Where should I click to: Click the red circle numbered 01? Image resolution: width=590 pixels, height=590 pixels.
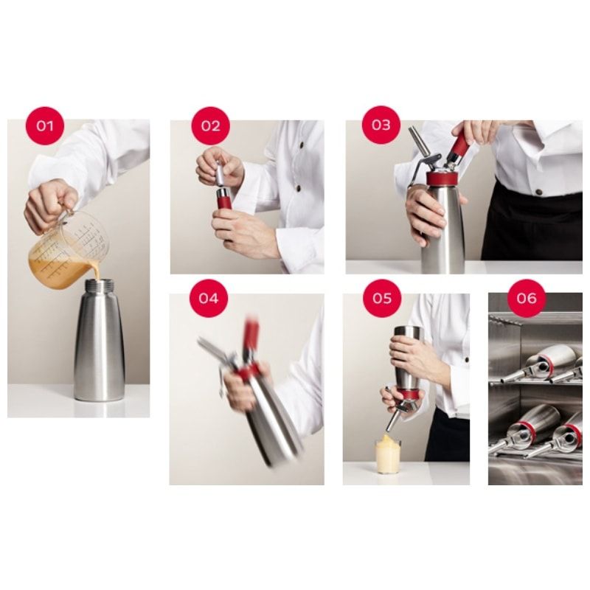pyautogui.click(x=45, y=125)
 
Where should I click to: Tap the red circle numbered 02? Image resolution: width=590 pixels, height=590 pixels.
pyautogui.click(x=210, y=125)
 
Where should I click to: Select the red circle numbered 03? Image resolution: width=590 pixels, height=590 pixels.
pyautogui.click(x=381, y=125)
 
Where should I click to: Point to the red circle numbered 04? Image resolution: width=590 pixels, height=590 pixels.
pyautogui.click(x=209, y=299)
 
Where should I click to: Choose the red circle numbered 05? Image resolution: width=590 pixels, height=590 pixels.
pyautogui.click(x=382, y=299)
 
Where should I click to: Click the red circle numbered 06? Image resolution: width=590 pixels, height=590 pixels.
pyautogui.click(x=527, y=299)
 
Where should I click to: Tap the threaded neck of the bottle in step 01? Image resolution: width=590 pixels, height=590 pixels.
pyautogui.click(x=100, y=286)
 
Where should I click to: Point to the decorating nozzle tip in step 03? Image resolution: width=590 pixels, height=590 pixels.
pyautogui.click(x=419, y=141)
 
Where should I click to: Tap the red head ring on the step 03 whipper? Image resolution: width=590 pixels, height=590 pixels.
pyautogui.click(x=445, y=178)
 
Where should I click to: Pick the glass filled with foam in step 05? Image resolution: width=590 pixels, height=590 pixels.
pyautogui.click(x=389, y=454)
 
